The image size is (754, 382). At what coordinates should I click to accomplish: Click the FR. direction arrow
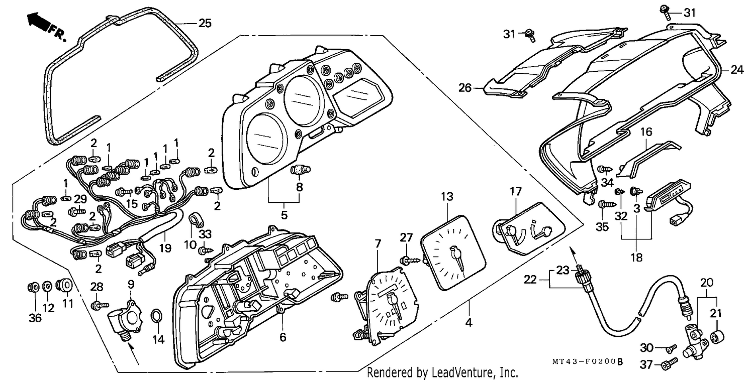[x=38, y=22]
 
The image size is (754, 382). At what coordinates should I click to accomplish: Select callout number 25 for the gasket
[x=205, y=23]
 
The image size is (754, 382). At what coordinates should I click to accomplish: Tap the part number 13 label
[x=447, y=196]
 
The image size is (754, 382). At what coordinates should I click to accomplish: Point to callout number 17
[x=515, y=191]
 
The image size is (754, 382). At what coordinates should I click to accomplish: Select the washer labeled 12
[x=47, y=287]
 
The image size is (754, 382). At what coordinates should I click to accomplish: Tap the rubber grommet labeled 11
[x=64, y=286]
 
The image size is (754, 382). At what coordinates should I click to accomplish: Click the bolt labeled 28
[x=100, y=305]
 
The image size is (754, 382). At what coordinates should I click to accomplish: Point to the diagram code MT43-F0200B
[x=587, y=361]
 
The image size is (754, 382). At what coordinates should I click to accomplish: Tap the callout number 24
[x=737, y=70]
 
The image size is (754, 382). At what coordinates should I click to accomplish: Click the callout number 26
[x=465, y=88]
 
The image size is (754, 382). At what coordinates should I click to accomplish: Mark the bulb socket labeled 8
[x=300, y=170]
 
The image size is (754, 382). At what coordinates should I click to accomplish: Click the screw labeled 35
[x=607, y=204]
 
